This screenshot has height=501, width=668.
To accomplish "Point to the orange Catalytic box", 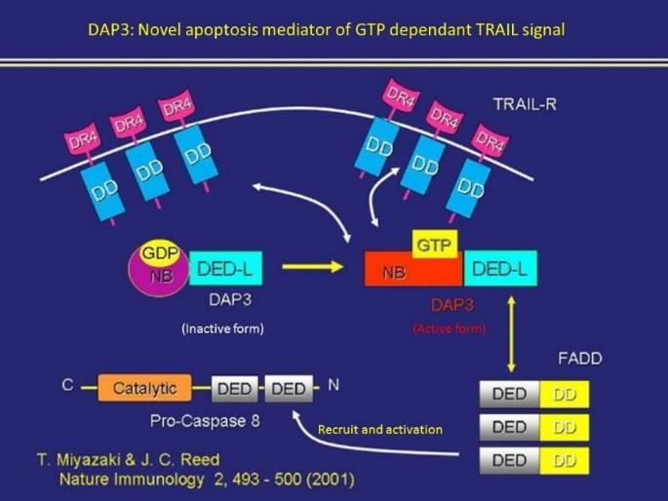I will pos(144,388).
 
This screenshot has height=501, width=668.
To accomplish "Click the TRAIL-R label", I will pos(525,103).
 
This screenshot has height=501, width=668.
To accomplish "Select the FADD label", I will pos(579,358).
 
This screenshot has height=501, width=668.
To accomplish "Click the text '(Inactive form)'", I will pos(222,328).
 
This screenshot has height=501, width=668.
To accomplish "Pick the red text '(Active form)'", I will pos(450,328).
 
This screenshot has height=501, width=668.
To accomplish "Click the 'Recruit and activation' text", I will pos(380,429).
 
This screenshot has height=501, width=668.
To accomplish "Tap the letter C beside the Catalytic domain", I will pos(67,385).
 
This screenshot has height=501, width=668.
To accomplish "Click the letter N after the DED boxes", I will pos(334,385).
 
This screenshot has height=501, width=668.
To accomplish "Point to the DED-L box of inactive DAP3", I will pos(227,267).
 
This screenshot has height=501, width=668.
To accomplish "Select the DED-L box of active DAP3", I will pos(498,268).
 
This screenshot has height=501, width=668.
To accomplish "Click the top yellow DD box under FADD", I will pos(564,395).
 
